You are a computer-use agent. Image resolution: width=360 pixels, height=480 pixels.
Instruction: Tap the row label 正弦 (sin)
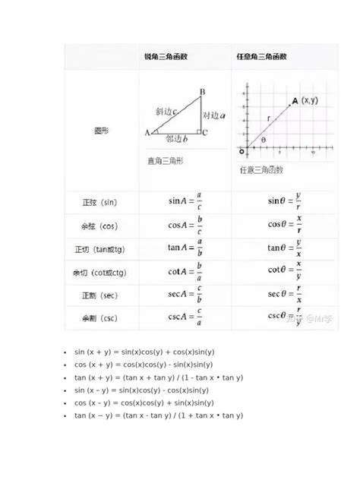(x=99, y=204)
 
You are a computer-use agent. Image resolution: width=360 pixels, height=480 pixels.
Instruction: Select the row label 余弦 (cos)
(x=99, y=226)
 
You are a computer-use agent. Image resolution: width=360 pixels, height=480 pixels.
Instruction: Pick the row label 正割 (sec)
(x=99, y=295)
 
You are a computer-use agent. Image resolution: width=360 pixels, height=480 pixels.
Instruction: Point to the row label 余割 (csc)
(x=99, y=317)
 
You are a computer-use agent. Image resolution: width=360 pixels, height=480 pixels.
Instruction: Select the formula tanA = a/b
(x=185, y=248)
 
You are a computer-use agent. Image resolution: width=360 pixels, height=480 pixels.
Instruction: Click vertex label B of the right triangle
(x=202, y=93)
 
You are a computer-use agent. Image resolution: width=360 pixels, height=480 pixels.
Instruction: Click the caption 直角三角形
(x=165, y=161)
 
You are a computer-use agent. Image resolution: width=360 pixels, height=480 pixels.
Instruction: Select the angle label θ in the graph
(x=263, y=140)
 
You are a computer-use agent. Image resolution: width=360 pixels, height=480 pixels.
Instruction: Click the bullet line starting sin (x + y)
(x=144, y=352)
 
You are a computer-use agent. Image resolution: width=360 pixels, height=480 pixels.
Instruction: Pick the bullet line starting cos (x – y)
(x=144, y=403)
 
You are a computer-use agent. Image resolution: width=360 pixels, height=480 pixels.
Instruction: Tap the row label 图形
(x=99, y=130)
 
